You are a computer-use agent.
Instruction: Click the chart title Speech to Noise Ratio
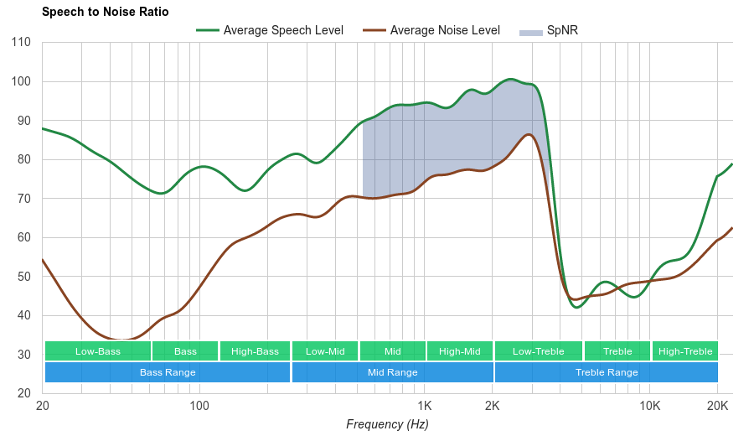point(105,12)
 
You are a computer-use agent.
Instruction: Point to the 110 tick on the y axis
point(22,43)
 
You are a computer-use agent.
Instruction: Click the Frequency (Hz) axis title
point(387,424)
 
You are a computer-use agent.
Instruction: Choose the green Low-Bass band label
point(98,351)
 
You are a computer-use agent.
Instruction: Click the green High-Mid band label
point(460,351)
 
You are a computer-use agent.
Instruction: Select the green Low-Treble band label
point(538,351)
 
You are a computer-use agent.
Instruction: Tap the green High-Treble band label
point(685,351)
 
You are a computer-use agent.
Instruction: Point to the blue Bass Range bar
point(168,372)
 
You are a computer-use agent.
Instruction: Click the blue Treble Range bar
point(607,372)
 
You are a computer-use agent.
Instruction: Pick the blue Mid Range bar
point(392,372)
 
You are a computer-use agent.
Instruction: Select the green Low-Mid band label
point(325,351)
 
